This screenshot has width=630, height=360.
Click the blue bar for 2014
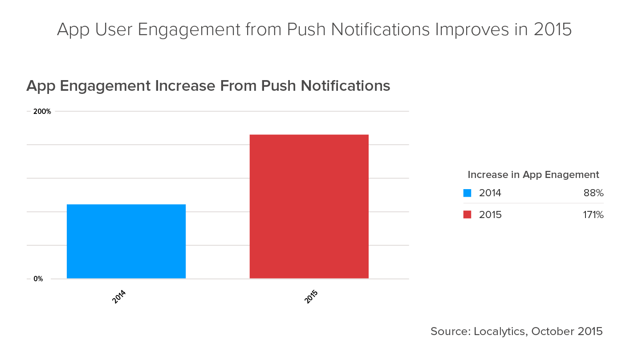[126, 241]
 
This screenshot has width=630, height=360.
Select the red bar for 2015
[309, 206]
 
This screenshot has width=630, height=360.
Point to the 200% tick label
[42, 111]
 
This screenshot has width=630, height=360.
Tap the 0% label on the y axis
[38, 279]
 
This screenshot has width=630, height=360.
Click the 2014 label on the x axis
[119, 297]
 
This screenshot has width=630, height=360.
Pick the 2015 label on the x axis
[311, 297]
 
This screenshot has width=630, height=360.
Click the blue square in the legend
[467, 193]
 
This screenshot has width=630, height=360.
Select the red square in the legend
[467, 215]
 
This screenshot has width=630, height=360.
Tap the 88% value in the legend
[593, 193]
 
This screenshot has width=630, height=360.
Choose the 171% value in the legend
[593, 215]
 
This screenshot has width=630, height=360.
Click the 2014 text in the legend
[490, 193]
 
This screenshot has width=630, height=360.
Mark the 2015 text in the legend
[490, 215]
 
